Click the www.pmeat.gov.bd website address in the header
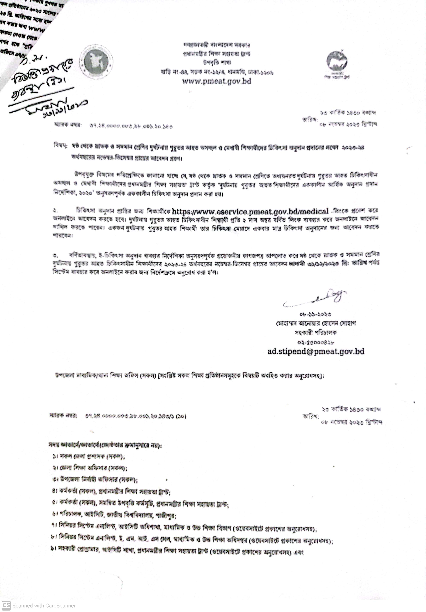(x=217, y=81)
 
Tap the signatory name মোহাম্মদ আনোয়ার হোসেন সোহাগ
(x=316, y=323)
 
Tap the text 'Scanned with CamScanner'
(x=44, y=606)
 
